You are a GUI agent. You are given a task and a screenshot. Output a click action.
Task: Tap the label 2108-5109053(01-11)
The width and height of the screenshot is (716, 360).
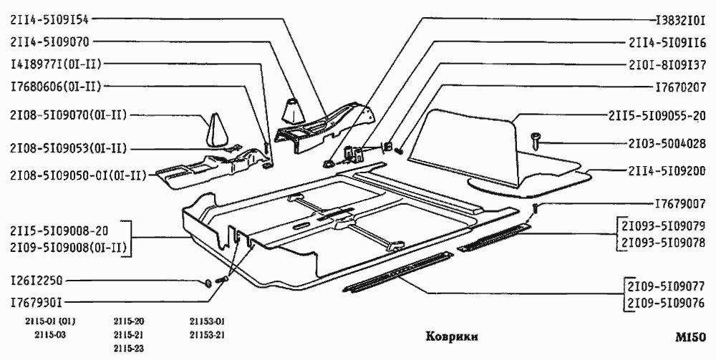tap(68, 149)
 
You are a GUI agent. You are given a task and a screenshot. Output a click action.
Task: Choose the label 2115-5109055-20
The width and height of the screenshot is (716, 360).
tap(657, 115)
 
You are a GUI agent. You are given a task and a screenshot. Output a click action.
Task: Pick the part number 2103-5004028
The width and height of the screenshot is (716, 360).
tap(657, 143)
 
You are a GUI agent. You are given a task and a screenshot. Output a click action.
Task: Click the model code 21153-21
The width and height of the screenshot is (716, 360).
tap(208, 335)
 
